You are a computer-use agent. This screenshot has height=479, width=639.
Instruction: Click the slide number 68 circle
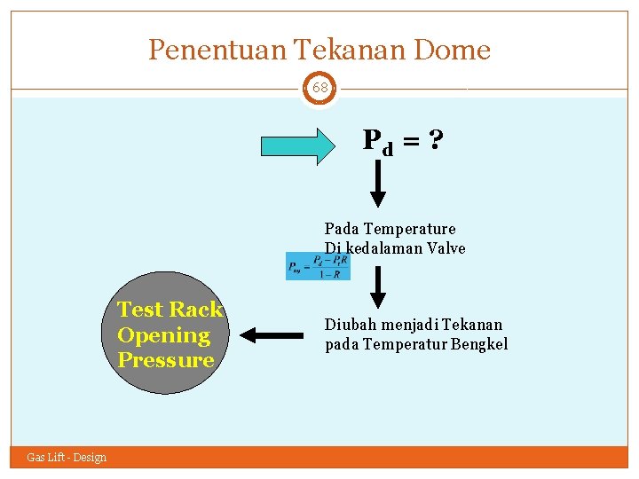[x=319, y=89]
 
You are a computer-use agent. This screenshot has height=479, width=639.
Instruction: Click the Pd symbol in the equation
[x=377, y=142]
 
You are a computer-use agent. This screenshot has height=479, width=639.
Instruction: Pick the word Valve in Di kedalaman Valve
[x=446, y=248]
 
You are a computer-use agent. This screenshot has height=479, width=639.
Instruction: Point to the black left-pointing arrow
[x=272, y=335]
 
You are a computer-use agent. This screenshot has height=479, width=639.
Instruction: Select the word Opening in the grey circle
[x=163, y=335]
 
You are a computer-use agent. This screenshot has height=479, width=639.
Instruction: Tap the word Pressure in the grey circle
[x=166, y=360]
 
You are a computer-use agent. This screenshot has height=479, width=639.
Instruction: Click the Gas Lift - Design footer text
[x=67, y=458]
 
